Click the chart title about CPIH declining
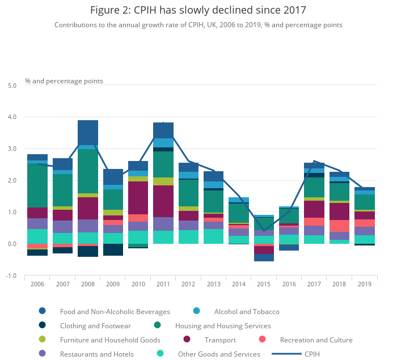(198, 10)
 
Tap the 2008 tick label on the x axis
(88, 284)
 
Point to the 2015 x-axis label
(264, 284)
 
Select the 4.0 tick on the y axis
(12, 117)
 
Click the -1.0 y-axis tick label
(11, 276)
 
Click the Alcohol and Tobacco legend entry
(246, 311)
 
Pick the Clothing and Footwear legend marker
(43, 325)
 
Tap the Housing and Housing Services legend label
(223, 326)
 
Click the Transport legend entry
(220, 340)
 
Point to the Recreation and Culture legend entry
(316, 340)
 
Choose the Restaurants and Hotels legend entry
(97, 354)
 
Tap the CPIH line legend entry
(312, 354)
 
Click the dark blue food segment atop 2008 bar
(88, 132)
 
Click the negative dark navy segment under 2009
(113, 249)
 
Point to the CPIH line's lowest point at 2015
(264, 231)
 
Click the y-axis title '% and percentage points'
(64, 81)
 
